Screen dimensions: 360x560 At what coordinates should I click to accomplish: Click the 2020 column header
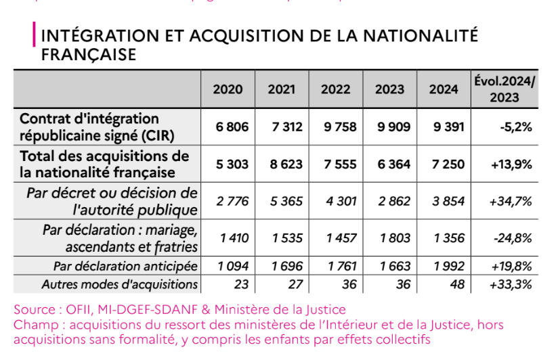[x=228, y=89]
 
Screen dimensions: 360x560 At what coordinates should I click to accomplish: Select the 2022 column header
[x=335, y=89]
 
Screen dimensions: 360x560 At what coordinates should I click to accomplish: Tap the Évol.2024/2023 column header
[x=503, y=89]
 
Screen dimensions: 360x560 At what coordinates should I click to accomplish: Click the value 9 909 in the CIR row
[x=389, y=127]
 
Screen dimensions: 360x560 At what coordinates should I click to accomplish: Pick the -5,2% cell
[x=515, y=127]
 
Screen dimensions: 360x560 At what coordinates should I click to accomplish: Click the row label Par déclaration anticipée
[x=125, y=266]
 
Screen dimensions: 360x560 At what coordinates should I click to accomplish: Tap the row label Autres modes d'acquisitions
[x=119, y=284]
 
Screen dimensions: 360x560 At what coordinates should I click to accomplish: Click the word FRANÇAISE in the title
[x=89, y=54]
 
